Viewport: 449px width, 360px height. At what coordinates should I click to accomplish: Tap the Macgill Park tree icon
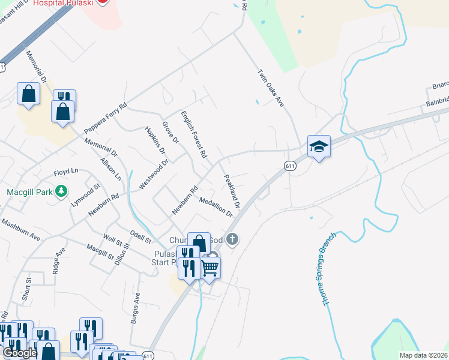pyautogui.click(x=60, y=191)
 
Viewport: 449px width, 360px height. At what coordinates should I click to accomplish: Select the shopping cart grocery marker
pyautogui.click(x=209, y=267)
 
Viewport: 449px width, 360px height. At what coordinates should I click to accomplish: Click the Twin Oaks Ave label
pyautogui.click(x=270, y=88)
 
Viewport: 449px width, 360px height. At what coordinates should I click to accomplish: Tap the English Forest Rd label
pyautogui.click(x=194, y=134)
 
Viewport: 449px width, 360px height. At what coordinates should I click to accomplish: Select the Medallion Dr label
pyautogui.click(x=216, y=208)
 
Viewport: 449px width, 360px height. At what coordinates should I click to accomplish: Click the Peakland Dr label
pyautogui.click(x=232, y=191)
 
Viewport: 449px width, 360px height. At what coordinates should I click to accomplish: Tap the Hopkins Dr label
pyautogui.click(x=154, y=139)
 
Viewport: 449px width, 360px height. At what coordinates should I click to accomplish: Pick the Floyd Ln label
pyautogui.click(x=66, y=172)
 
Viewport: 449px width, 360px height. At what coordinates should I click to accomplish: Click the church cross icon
pyautogui.click(x=233, y=240)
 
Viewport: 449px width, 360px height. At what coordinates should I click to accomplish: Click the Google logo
pyautogui.click(x=20, y=352)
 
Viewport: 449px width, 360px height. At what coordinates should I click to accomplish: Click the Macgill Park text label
pyautogui.click(x=26, y=192)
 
